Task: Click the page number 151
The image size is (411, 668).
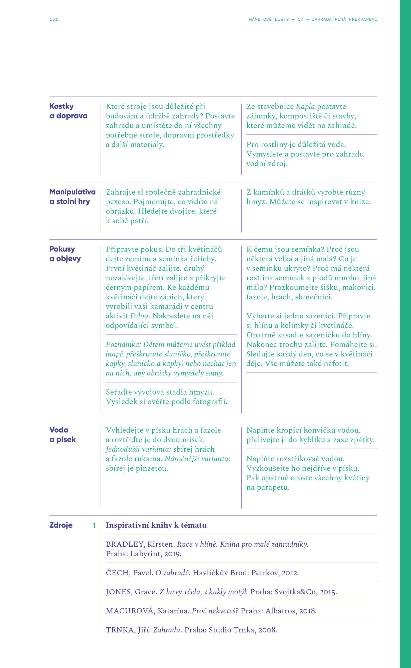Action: (53, 19)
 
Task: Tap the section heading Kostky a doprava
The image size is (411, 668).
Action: (68, 111)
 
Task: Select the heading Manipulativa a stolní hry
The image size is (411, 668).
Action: (72, 197)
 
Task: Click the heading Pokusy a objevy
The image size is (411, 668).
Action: (65, 254)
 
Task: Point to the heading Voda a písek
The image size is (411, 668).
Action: (62, 434)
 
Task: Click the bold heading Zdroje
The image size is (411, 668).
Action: (61, 525)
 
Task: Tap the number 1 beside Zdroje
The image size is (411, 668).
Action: (94, 526)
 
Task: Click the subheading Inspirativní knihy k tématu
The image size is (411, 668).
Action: (156, 525)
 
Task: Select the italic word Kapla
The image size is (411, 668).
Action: (305, 106)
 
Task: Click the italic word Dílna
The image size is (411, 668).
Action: (139, 316)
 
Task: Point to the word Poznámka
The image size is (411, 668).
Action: (123, 344)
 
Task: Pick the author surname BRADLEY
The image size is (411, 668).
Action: (125, 544)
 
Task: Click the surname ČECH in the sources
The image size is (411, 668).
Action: (118, 573)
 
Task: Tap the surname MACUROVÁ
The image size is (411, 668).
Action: (130, 611)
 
